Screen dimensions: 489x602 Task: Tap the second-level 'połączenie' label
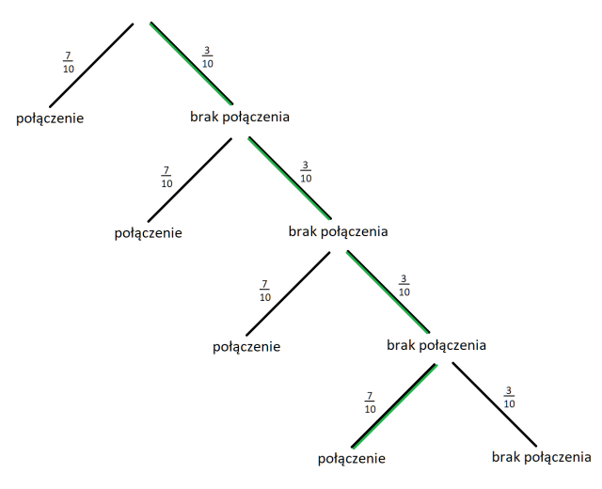pyautogui.click(x=148, y=232)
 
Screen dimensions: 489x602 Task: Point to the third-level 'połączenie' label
pyautogui.click(x=246, y=346)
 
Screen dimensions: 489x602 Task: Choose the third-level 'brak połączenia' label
pyautogui.click(x=436, y=345)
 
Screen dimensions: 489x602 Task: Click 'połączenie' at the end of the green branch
pyautogui.click(x=353, y=459)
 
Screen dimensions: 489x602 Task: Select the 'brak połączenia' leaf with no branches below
pyautogui.click(x=541, y=457)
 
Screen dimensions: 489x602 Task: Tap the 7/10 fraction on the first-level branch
pyautogui.click(x=68, y=63)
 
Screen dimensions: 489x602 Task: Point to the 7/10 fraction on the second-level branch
pyautogui.click(x=166, y=176)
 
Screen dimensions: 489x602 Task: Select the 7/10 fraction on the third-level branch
pyautogui.click(x=265, y=290)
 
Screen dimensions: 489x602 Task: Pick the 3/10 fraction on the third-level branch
pyautogui.click(x=404, y=284)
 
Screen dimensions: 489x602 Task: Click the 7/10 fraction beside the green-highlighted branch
pyautogui.click(x=370, y=402)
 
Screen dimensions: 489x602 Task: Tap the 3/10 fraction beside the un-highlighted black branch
pyautogui.click(x=509, y=397)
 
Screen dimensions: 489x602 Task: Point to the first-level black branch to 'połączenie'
pyautogui.click(x=92, y=63)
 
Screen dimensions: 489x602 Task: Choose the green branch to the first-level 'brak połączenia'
pyautogui.click(x=192, y=60)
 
